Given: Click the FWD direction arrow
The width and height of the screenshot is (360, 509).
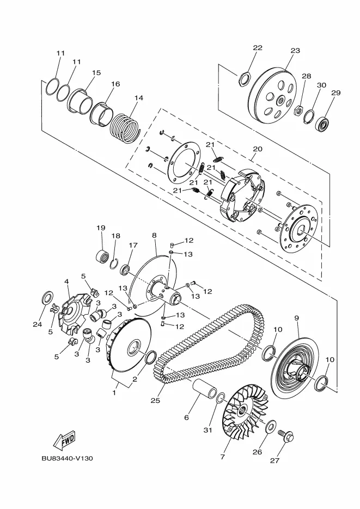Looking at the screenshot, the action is (64, 440).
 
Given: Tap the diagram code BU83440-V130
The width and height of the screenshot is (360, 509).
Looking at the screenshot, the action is (67, 458).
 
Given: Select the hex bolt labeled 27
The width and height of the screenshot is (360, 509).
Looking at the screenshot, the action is (286, 434).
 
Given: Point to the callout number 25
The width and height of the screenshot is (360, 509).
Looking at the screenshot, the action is (155, 400).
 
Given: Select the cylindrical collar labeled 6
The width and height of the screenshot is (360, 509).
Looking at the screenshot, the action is (205, 388).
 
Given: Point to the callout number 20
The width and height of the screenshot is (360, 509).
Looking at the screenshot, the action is (258, 149).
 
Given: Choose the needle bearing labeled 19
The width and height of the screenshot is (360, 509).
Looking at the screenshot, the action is (102, 256).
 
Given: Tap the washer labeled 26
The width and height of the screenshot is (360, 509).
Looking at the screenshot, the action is (271, 426).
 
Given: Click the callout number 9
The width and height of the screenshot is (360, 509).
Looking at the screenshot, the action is (296, 318).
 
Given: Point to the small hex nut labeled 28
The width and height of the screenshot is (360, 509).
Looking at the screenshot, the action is (298, 111).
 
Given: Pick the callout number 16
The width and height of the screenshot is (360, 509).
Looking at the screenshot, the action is (115, 84).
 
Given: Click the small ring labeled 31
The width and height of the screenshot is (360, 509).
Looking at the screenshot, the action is (221, 398).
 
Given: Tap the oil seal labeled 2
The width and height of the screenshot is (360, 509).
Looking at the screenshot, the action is (150, 357).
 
